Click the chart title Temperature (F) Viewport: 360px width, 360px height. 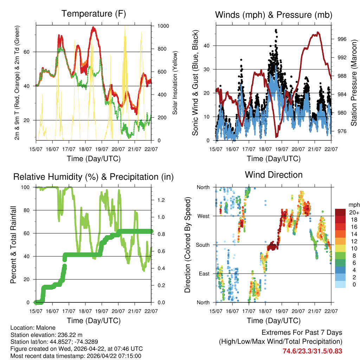coord(94,14)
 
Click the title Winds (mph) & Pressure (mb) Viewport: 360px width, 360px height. coord(274,15)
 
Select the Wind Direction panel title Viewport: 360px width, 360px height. coord(274,174)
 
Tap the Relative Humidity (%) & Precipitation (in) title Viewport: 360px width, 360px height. coord(94,177)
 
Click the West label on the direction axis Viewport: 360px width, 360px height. coord(203,216)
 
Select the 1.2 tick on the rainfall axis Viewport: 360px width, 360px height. coord(161,200)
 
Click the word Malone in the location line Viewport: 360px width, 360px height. coord(46,328)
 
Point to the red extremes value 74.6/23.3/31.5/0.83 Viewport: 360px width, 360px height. coord(312,351)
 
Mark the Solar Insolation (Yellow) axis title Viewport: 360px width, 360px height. coord(175,83)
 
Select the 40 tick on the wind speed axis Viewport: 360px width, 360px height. coord(207,46)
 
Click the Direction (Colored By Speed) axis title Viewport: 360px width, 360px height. coord(187,245)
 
